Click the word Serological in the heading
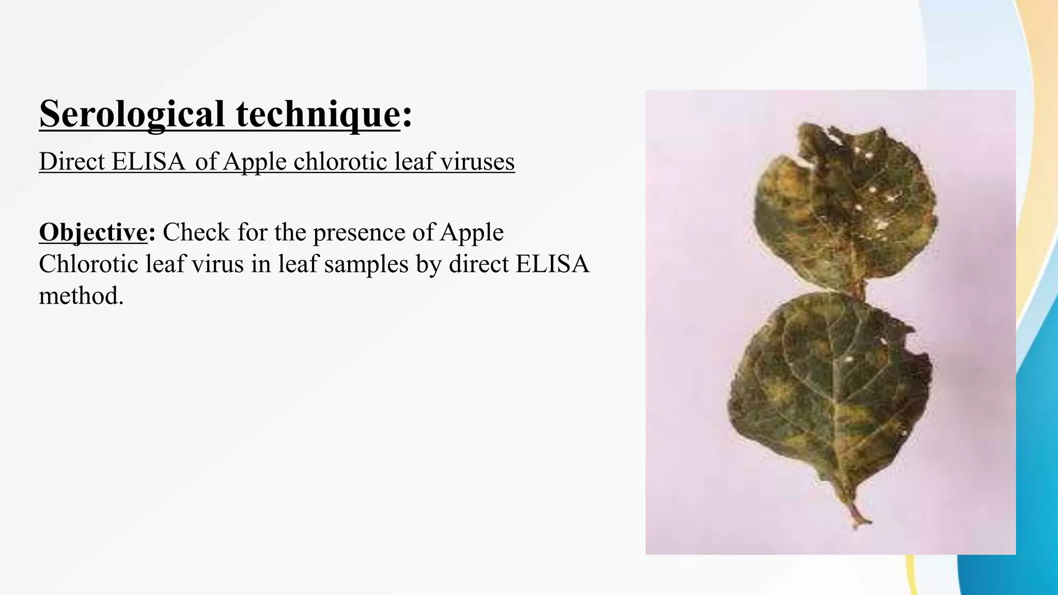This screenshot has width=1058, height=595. (132, 114)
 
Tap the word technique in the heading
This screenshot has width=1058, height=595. (318, 114)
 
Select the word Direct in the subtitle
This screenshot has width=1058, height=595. (72, 162)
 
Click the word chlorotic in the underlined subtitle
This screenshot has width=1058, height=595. (340, 162)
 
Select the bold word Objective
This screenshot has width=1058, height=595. (94, 232)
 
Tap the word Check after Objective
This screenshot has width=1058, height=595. (196, 232)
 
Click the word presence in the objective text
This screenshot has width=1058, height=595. (359, 232)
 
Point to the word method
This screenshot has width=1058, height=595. (81, 296)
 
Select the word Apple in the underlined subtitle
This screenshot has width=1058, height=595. (255, 162)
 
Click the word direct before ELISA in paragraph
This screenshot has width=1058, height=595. (478, 264)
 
